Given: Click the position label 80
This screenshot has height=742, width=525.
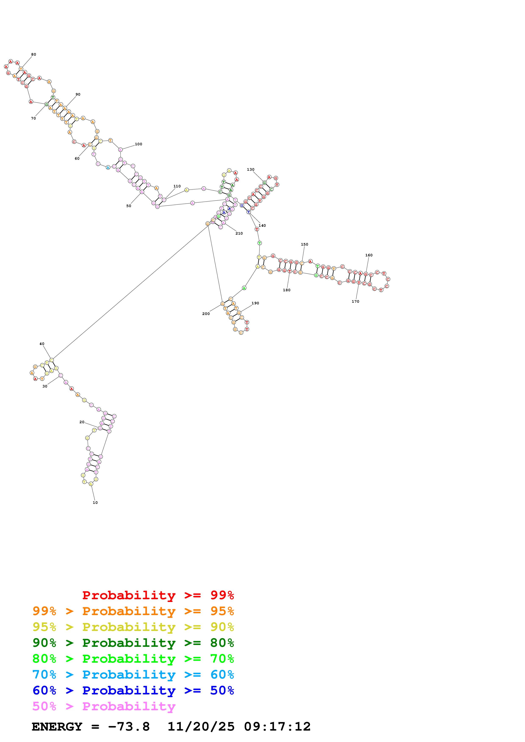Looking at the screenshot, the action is click(34, 55).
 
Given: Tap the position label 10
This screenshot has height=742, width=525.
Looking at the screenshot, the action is click(95, 503).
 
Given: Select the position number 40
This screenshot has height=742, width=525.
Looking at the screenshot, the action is click(42, 344).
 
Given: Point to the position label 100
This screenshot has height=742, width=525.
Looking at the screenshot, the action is click(139, 144).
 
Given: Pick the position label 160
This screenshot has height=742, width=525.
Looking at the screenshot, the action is click(369, 255).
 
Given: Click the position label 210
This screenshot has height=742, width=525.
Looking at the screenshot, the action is click(239, 233).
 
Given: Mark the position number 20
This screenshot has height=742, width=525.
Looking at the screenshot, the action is click(82, 422).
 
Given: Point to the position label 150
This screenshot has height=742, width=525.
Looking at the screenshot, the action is click(304, 244).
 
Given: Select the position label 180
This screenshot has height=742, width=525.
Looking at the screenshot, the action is click(287, 290).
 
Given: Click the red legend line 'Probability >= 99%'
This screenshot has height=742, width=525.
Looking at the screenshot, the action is click(158, 595).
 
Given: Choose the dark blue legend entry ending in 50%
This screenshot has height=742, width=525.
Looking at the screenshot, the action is click(133, 690).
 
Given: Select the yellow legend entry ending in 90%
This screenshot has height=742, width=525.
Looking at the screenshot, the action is click(133, 627).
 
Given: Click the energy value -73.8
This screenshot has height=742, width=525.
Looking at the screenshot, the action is click(129, 727).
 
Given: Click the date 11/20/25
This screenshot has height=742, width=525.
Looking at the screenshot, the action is click(201, 727).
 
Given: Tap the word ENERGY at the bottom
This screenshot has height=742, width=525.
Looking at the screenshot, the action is click(57, 727).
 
